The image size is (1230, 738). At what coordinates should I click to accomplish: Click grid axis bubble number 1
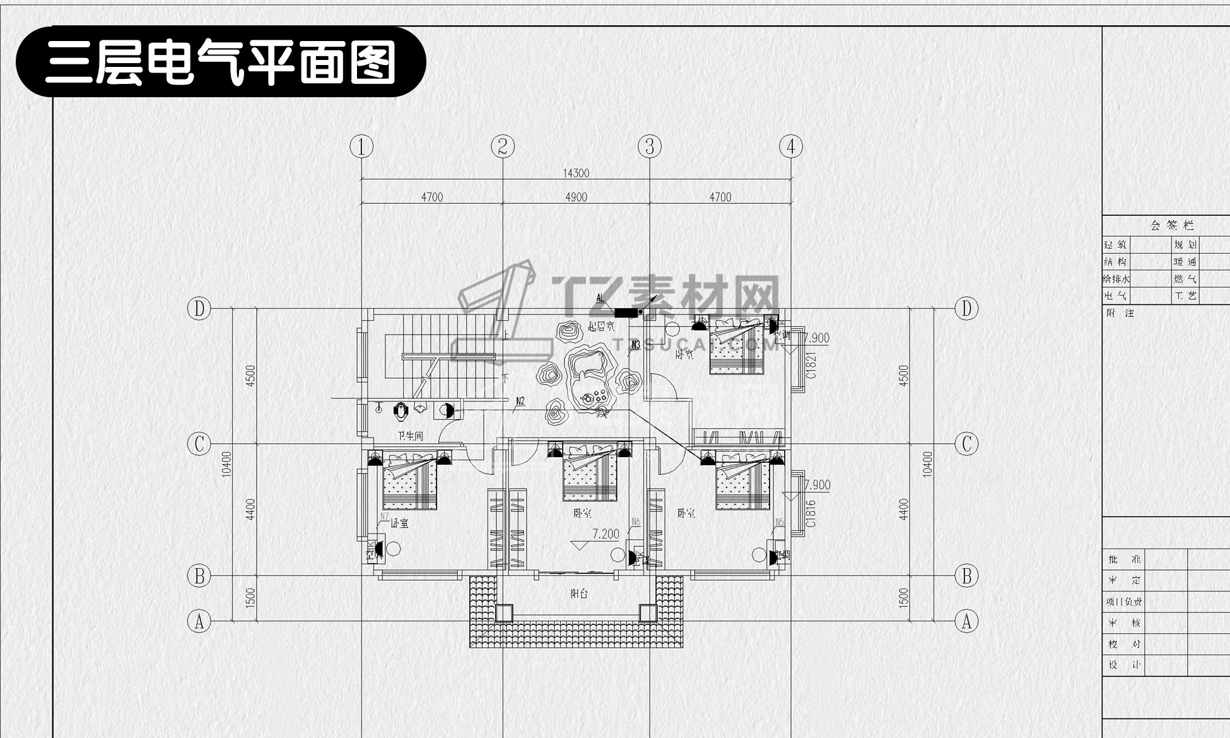[x=361, y=147]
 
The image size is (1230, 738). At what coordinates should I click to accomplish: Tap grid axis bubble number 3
[x=650, y=147]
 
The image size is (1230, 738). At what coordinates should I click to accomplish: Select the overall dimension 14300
[x=575, y=173]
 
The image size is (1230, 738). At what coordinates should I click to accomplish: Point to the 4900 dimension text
[x=576, y=197]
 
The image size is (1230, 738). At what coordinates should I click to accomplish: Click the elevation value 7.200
[x=606, y=534]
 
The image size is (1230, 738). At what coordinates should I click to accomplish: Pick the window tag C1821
[x=811, y=366]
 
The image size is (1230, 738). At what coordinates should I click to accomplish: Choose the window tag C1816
[x=811, y=513]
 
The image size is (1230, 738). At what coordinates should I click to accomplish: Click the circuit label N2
[x=520, y=400]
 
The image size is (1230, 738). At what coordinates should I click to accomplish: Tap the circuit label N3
[x=635, y=345]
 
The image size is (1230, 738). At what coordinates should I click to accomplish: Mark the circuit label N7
[x=384, y=516]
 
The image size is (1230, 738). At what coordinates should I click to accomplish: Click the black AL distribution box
[x=626, y=312]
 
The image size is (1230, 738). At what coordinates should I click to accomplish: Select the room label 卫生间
[x=410, y=436]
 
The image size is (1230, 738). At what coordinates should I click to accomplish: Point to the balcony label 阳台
[x=579, y=594]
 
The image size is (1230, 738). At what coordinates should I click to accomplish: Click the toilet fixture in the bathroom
[x=401, y=412]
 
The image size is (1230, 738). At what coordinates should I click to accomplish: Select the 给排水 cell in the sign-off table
[x=1116, y=278]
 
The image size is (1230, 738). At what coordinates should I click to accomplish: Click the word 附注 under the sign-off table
[x=1120, y=312]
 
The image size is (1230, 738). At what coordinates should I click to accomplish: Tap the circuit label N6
[x=636, y=522]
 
